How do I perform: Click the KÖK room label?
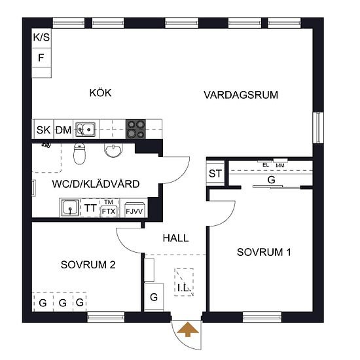(100, 93)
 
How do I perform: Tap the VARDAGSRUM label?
(241, 95)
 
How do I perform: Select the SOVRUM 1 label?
(264, 252)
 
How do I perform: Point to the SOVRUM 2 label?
(88, 264)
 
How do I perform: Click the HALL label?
(175, 238)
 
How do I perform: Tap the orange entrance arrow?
(188, 329)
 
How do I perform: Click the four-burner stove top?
(135, 129)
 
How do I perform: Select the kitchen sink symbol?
(85, 129)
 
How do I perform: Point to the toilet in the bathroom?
(79, 154)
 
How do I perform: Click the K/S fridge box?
(41, 38)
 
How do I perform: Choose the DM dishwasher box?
(63, 129)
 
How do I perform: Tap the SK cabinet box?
(44, 129)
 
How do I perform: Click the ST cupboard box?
(215, 173)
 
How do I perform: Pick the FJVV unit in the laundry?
(134, 209)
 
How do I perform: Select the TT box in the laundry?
(90, 208)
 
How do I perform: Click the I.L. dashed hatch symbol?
(184, 282)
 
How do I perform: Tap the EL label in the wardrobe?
(266, 165)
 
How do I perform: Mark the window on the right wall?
(318, 128)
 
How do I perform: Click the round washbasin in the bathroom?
(113, 151)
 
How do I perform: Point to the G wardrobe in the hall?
(154, 297)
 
